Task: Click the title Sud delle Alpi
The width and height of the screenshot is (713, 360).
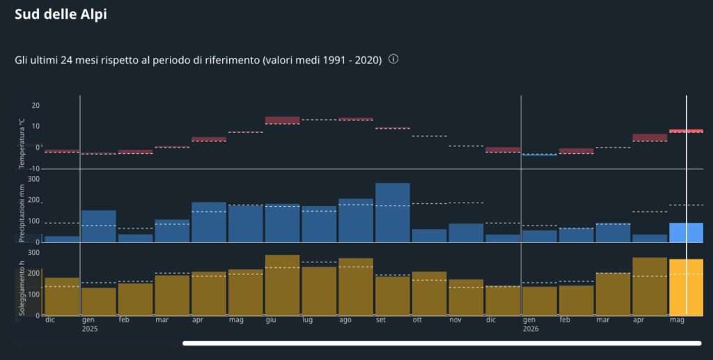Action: point(61,14)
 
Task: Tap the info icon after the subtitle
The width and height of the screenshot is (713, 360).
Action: point(393,59)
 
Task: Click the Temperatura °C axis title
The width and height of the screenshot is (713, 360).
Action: point(22,143)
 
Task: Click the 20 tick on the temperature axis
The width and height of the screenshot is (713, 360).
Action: point(36,105)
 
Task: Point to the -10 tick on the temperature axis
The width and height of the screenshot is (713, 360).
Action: point(35,169)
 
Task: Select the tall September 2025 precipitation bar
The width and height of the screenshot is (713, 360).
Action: point(393,213)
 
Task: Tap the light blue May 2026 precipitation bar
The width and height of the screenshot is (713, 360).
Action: point(686,233)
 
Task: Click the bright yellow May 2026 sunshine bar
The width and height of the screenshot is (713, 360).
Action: point(686,288)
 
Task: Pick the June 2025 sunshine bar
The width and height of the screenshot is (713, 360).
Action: point(283,285)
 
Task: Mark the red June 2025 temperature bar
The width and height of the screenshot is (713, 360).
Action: point(283,120)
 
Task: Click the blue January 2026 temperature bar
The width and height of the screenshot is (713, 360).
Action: point(540,155)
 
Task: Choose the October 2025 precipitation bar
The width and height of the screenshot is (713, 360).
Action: point(429,236)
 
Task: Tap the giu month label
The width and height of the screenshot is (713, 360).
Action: point(271,320)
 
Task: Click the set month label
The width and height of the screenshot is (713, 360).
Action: point(381,320)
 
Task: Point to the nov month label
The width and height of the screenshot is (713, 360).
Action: point(455,320)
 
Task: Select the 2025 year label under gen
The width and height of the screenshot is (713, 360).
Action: point(90,329)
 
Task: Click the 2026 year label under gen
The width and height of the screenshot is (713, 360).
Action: point(530,329)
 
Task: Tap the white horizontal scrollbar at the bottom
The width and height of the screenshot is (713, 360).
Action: point(442,343)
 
